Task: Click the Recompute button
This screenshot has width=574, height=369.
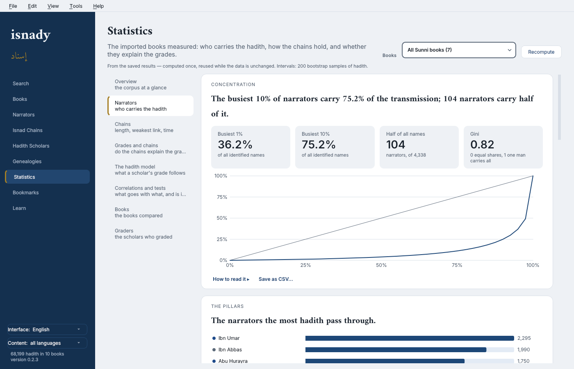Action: click(x=541, y=52)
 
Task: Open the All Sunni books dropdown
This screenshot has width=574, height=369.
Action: click(x=459, y=50)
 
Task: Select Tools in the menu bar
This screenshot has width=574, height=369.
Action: click(x=76, y=6)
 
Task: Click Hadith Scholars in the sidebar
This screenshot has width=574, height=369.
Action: click(x=31, y=146)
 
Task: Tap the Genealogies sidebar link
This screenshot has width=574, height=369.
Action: click(x=27, y=162)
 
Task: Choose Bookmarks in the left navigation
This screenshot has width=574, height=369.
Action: click(x=25, y=192)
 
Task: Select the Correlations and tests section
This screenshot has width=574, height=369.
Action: click(x=150, y=191)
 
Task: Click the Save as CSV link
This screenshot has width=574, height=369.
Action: click(x=276, y=279)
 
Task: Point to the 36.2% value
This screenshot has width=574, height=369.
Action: click(x=235, y=144)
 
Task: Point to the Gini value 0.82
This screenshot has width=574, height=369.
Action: click(x=482, y=144)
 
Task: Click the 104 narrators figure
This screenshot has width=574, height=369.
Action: click(x=396, y=144)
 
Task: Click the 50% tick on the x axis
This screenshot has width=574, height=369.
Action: click(x=381, y=265)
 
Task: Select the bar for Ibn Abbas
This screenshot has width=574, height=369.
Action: click(x=396, y=350)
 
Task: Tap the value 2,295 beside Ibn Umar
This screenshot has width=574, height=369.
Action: click(x=524, y=338)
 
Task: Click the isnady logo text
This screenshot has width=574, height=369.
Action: click(x=30, y=35)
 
